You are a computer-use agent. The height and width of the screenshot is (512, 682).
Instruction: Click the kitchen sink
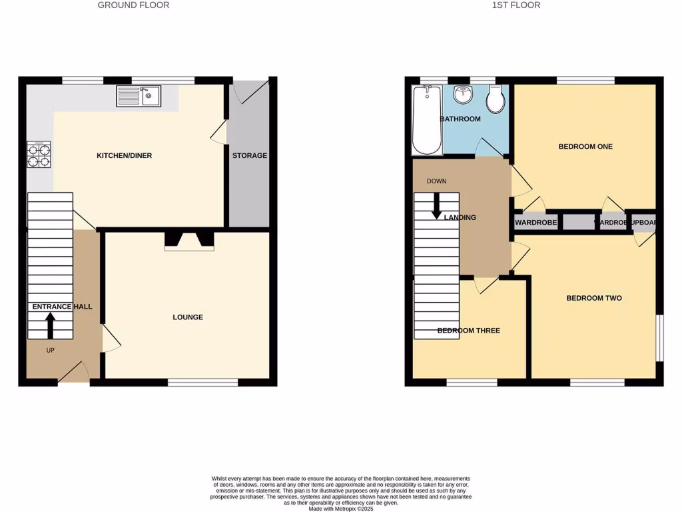coord(139,97)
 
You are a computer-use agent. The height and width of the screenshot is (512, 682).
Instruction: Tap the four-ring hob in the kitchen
coord(39,155)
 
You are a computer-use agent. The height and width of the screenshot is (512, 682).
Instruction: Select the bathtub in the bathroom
coord(427,120)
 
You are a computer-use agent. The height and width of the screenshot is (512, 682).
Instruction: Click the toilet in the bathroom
coord(495,100)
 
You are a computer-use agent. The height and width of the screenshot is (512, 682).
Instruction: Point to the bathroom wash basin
coord(462,95)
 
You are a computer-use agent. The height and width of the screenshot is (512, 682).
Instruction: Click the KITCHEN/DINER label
coord(125,156)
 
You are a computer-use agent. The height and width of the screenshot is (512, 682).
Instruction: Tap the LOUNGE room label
coord(188,317)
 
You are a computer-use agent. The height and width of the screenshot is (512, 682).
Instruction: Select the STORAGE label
coord(250,156)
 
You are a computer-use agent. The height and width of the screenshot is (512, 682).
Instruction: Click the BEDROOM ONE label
coord(585,147)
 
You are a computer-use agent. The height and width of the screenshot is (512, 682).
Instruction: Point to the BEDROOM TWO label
coord(594,298)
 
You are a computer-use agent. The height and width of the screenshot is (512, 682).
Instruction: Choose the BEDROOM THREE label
coord(468,331)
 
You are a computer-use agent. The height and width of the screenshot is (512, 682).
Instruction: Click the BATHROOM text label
coord(460,119)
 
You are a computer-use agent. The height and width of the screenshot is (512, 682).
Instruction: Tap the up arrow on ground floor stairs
coord(50,325)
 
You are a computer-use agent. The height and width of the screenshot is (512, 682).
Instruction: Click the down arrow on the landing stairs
coord(437,205)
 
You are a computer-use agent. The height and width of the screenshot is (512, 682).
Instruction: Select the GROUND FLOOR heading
coord(133,5)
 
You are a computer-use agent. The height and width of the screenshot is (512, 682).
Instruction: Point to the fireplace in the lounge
coord(190,241)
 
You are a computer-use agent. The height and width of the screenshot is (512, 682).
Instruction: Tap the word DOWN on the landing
coord(436,181)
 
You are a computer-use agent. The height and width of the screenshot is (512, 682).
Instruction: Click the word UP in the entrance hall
coord(50,350)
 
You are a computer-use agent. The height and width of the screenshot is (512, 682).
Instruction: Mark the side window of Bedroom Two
coord(660,338)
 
